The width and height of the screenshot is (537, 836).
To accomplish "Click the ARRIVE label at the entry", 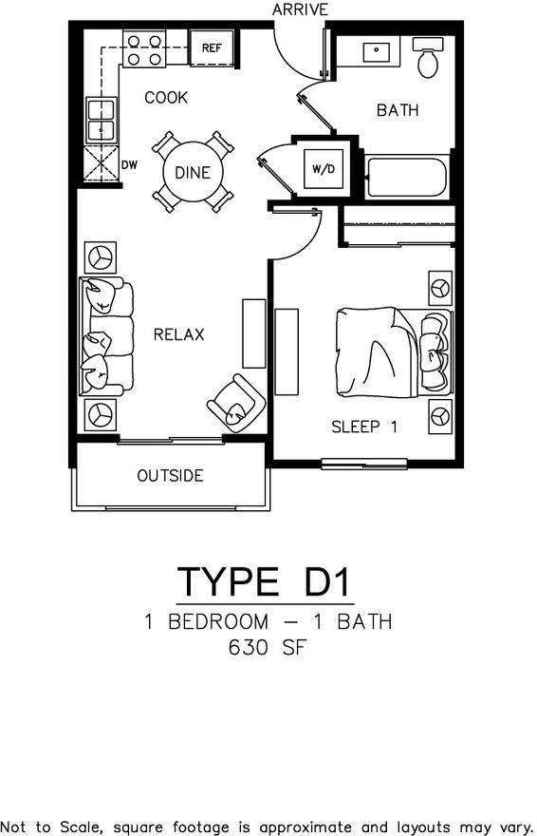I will pyautogui.click(x=300, y=9).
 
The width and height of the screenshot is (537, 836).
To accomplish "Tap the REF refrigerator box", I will pyautogui.click(x=211, y=47).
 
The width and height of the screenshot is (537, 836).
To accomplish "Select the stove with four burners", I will pyautogui.click(x=144, y=49).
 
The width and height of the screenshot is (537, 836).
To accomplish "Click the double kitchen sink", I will pyautogui.click(x=101, y=120).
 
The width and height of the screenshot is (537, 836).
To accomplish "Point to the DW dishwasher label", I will pyautogui.click(x=130, y=164).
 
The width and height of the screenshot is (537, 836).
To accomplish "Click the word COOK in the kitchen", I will pyautogui.click(x=166, y=98).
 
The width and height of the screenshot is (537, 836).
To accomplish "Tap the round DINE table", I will pyautogui.click(x=193, y=173).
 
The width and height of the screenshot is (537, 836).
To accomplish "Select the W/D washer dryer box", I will pyautogui.click(x=324, y=169).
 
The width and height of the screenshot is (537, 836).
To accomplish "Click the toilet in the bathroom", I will pyautogui.click(x=429, y=59).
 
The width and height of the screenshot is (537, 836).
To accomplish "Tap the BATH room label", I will pyautogui.click(x=398, y=110).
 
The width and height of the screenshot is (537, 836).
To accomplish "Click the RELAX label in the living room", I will pyautogui.click(x=178, y=334).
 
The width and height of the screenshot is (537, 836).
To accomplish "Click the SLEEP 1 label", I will pyautogui.click(x=363, y=427).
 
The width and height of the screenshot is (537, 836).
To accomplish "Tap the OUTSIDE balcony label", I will pyautogui.click(x=170, y=476).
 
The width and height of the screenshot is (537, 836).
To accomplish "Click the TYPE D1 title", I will pyautogui.click(x=266, y=581).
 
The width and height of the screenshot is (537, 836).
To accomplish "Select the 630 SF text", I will pyautogui.click(x=268, y=650).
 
